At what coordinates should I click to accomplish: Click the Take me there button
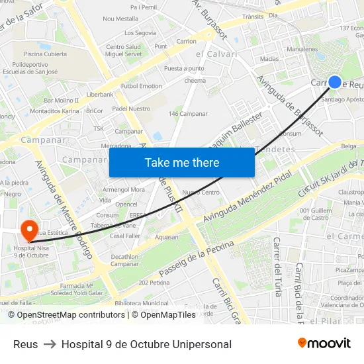pos(182,162)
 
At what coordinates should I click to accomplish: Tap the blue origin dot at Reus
pos(335,82)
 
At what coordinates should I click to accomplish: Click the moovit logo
pos(324,343)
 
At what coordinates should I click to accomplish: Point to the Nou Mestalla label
pos(120,19)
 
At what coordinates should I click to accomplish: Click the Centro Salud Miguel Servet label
pos(123,50)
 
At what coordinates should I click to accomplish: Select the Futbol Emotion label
pos(142,86)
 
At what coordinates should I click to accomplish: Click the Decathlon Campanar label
pos(124,260)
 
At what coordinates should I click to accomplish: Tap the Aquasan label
pos(166,237)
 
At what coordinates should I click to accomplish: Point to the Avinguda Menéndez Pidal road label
pos(248,199)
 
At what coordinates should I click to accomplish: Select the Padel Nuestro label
pos(131,109)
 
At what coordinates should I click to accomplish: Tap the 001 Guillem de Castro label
pos(314,214)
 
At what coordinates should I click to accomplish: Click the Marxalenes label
pos(302,49)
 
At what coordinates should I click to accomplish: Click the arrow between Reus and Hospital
pos(50,344)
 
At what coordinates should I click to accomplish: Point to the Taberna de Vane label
pos(113,225)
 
